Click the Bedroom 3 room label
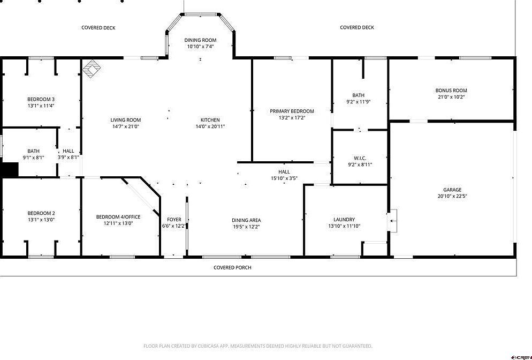(x=41, y=99)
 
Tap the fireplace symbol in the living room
(x=92, y=69)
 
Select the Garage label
(x=452, y=190)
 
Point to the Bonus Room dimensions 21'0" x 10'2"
(x=451, y=97)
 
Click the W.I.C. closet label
(x=359, y=158)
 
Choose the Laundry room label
(x=344, y=220)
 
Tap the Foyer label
(x=174, y=220)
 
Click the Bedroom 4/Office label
(x=118, y=217)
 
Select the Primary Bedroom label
(x=292, y=111)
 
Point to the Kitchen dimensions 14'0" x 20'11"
(x=210, y=126)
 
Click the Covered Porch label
(x=232, y=267)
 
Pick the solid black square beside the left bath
(x=9, y=169)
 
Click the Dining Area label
(x=246, y=220)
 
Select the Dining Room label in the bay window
(x=200, y=40)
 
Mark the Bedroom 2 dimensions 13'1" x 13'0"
(x=41, y=220)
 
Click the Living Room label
(x=126, y=120)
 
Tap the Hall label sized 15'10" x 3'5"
(x=284, y=172)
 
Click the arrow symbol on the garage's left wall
(x=394, y=220)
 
